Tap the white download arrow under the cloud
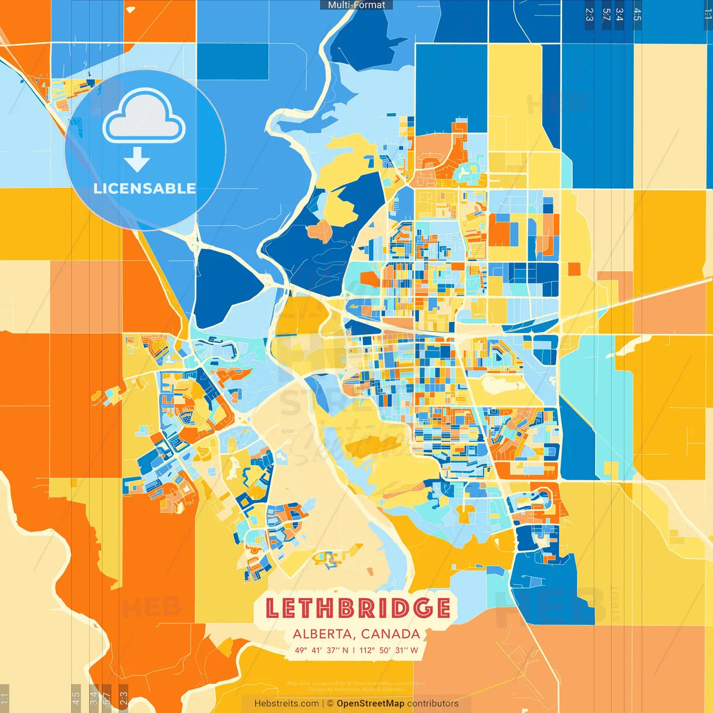click(137, 160)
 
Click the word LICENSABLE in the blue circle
click(144, 188)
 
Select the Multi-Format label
click(356, 5)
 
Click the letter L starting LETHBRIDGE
click(272, 608)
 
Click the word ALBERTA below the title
click(323, 634)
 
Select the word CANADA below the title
click(390, 634)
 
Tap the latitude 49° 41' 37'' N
click(321, 650)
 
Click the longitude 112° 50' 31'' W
click(389, 650)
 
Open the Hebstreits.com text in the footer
click(286, 704)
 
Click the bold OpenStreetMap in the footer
click(370, 704)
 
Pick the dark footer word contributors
click(433, 704)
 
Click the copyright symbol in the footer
click(330, 704)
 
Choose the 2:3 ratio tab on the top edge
click(589, 14)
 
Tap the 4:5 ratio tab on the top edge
click(637, 14)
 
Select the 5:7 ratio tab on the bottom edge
click(106, 697)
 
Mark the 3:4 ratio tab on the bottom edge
click(94, 697)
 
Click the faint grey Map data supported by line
click(356, 683)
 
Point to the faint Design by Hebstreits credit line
click(356, 690)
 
